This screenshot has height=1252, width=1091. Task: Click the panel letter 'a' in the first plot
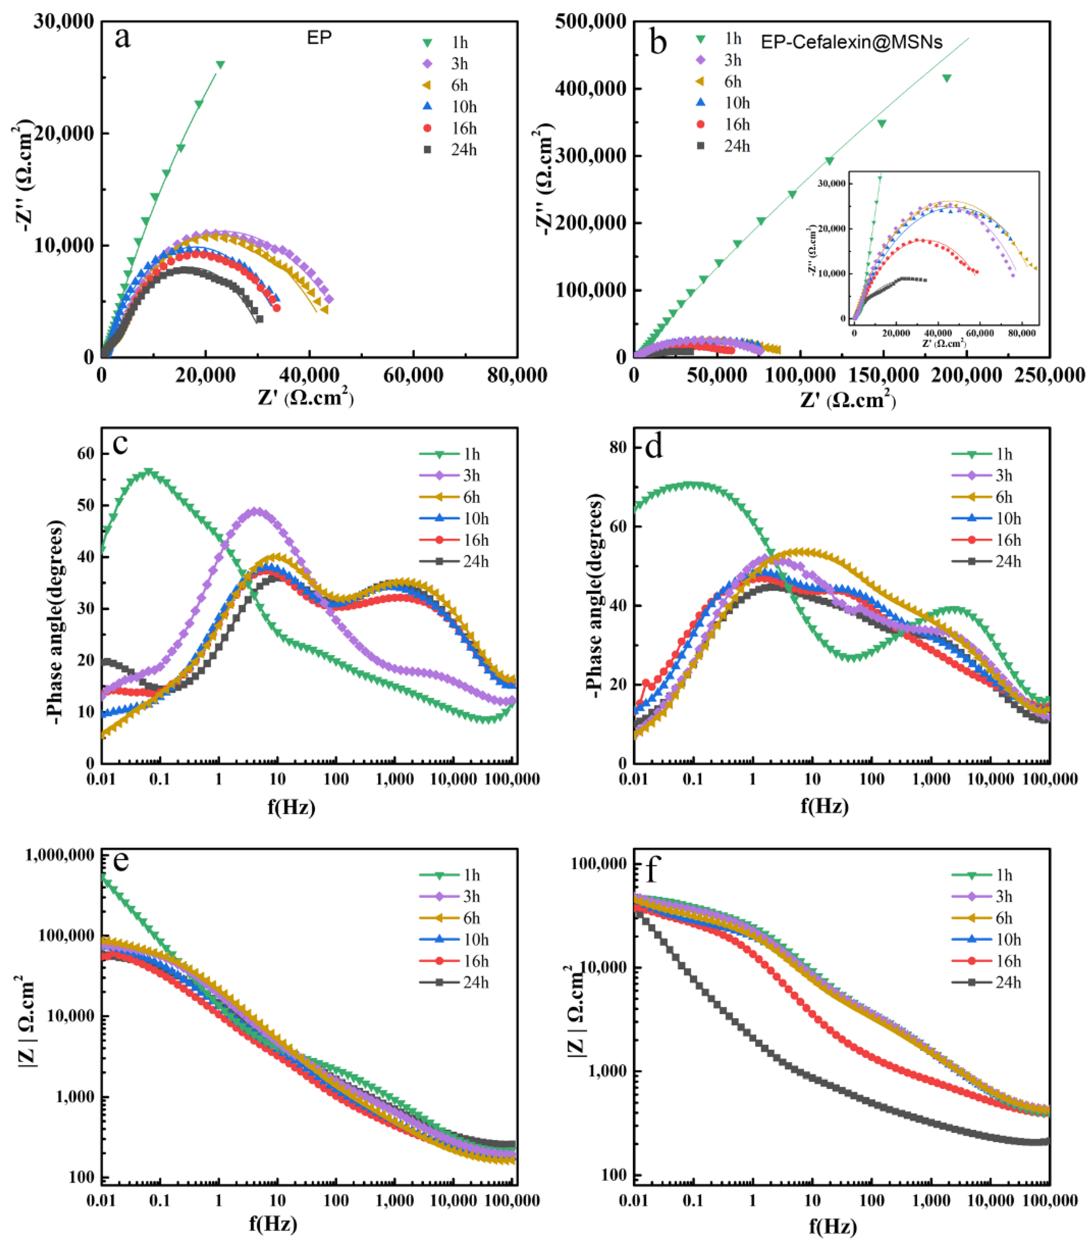pos(122,38)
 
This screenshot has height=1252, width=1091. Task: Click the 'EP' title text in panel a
pos(319,38)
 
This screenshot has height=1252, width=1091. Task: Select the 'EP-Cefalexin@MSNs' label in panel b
pos(851,42)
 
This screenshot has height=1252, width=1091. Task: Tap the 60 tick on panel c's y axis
pos(86,453)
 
